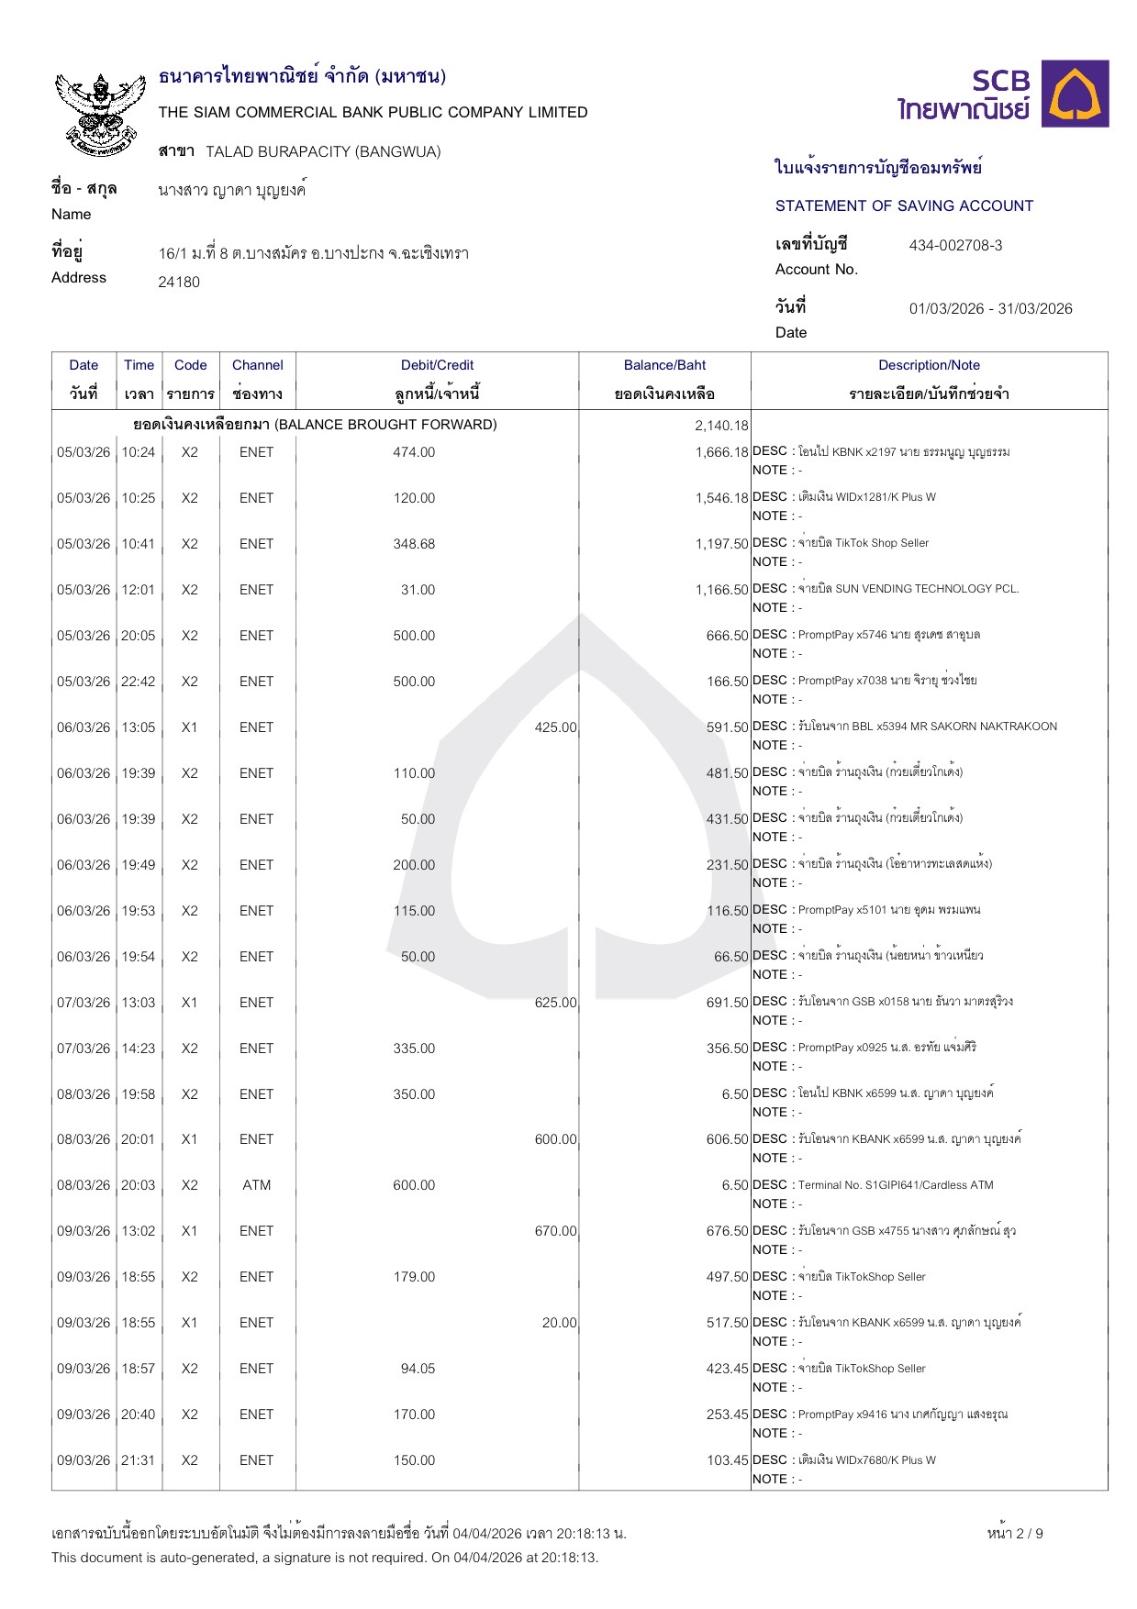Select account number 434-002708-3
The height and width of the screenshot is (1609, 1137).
(x=955, y=245)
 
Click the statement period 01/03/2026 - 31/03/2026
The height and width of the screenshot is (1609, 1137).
(x=990, y=308)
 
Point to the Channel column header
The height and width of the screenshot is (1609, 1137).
(x=257, y=365)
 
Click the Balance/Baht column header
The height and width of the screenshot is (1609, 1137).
(x=664, y=365)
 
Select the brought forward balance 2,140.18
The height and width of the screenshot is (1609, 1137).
(x=721, y=426)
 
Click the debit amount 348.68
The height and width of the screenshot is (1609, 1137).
(x=414, y=544)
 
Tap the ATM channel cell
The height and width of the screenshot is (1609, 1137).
(x=257, y=1185)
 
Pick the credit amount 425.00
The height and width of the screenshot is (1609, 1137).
(x=555, y=727)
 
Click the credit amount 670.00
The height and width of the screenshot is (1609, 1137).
(x=555, y=1231)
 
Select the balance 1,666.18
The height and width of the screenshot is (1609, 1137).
(x=721, y=452)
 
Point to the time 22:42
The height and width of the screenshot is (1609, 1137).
(x=139, y=682)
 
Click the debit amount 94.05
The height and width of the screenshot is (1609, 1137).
(x=418, y=1369)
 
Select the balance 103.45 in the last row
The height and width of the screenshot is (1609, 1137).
(x=727, y=1460)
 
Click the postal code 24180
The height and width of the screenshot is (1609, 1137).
(x=179, y=283)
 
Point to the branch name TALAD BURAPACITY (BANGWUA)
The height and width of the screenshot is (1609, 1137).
(x=323, y=151)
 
